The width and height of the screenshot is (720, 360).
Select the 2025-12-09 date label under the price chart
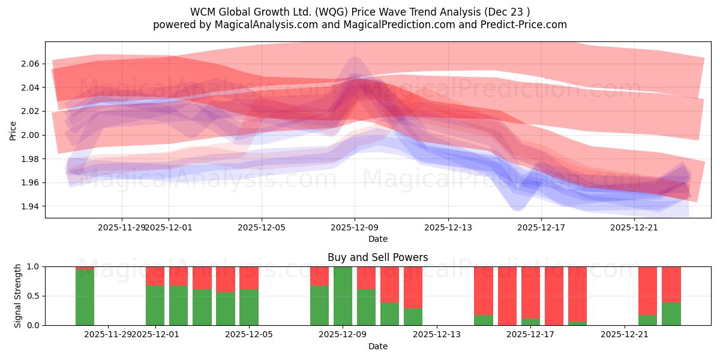click(355, 227)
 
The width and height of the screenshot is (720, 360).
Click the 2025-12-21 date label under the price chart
click(634, 227)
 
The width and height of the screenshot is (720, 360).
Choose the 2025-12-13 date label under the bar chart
click(437, 335)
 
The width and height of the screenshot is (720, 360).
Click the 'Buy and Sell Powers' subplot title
click(377, 257)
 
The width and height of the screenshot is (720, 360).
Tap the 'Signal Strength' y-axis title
click(18, 296)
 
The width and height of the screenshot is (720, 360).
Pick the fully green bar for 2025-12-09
click(343, 296)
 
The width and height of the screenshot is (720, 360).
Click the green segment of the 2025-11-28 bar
click(85, 298)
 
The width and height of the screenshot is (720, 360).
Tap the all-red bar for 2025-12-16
click(507, 296)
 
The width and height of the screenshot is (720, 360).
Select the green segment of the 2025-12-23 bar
click(671, 314)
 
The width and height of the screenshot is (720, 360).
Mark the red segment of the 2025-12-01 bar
click(155, 276)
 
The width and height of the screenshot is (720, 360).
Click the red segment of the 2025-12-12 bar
click(413, 287)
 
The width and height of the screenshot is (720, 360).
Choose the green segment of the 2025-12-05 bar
click(249, 307)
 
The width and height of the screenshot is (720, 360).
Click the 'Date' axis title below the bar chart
click(377, 346)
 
